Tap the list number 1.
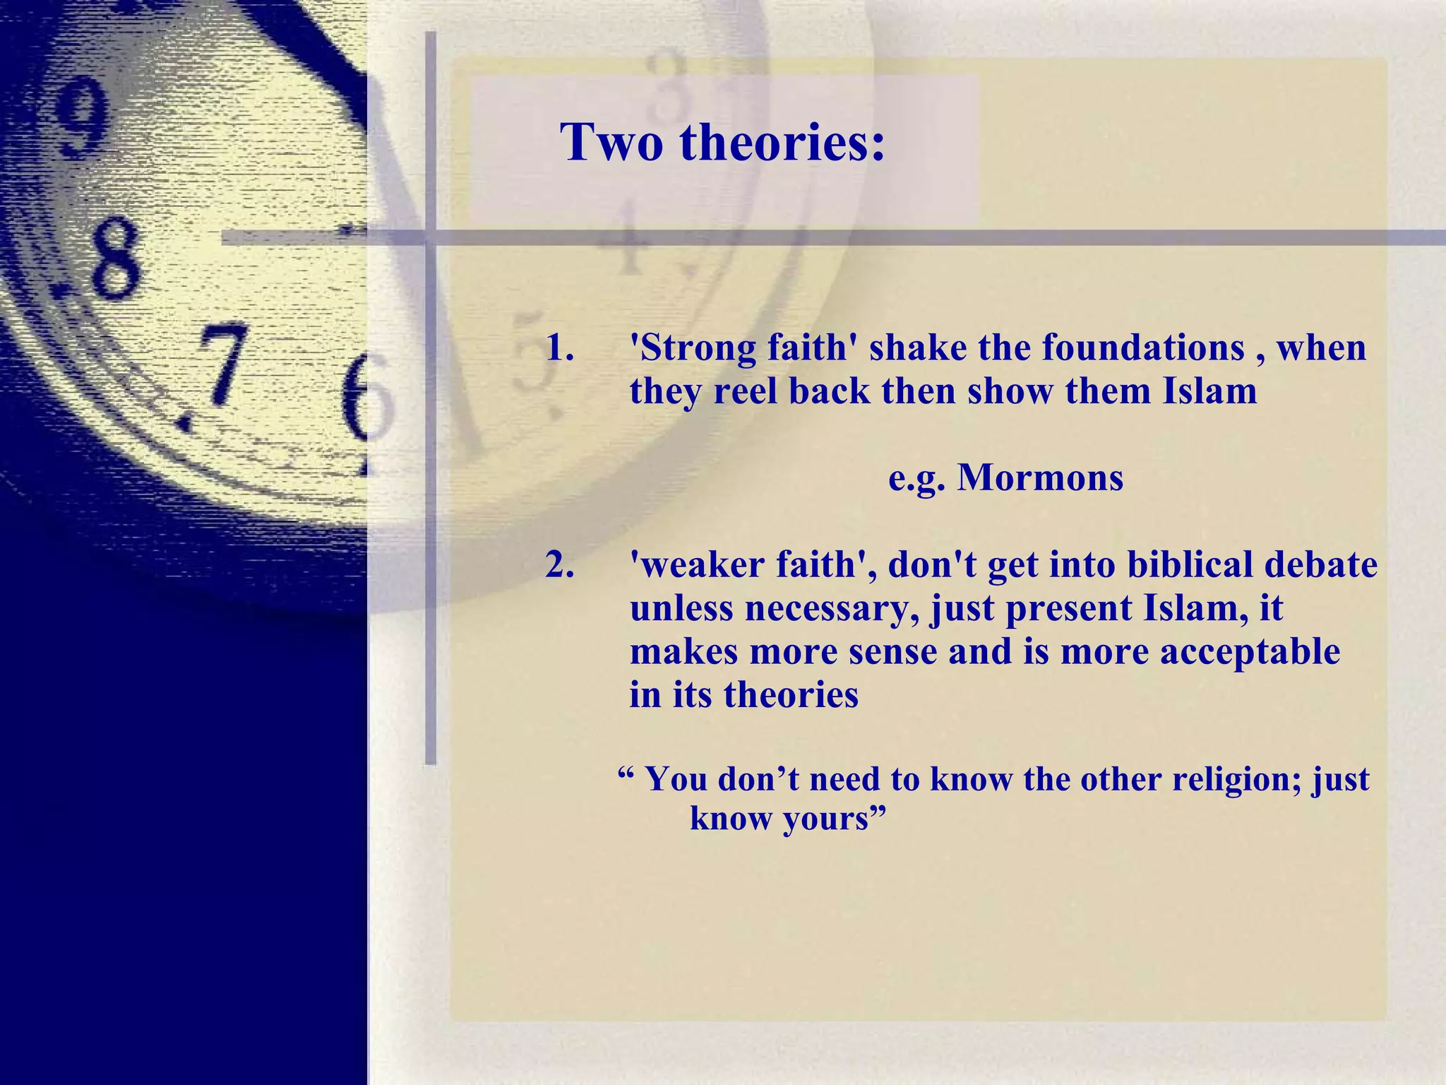pos(559,348)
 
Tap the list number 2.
pos(559,565)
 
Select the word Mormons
pos(1040,478)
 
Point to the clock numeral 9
pos(83,117)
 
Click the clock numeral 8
pos(113,258)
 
